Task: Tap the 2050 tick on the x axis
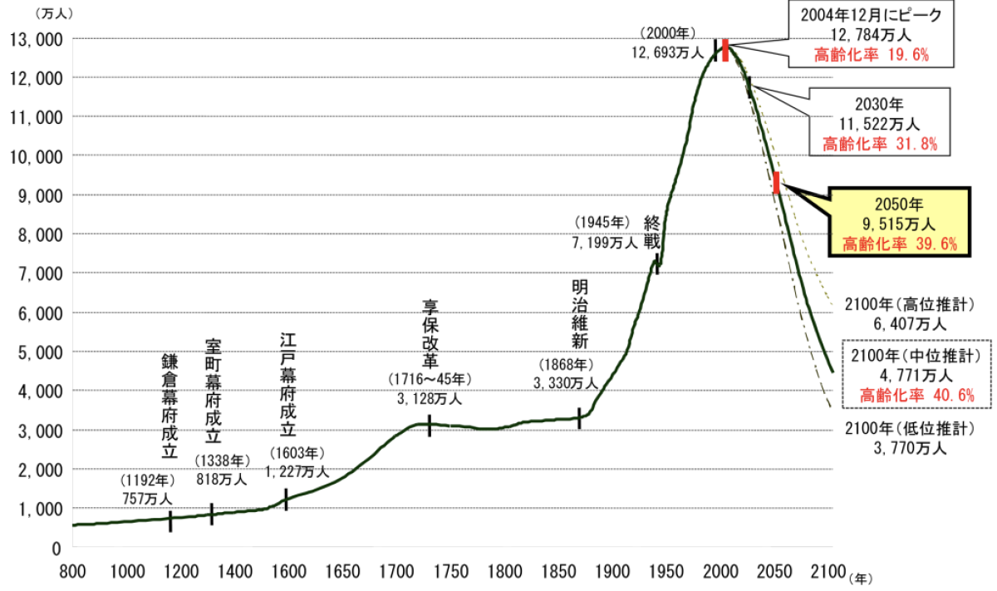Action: click(775, 571)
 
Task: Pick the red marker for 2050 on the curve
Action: click(776, 183)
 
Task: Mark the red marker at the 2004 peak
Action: click(725, 50)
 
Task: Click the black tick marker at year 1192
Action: click(170, 521)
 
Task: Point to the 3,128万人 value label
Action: click(429, 398)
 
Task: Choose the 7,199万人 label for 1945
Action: click(605, 243)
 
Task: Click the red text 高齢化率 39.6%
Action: click(900, 244)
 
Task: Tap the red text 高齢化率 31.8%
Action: click(880, 144)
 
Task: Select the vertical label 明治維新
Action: click(579, 313)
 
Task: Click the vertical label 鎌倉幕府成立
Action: click(169, 406)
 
